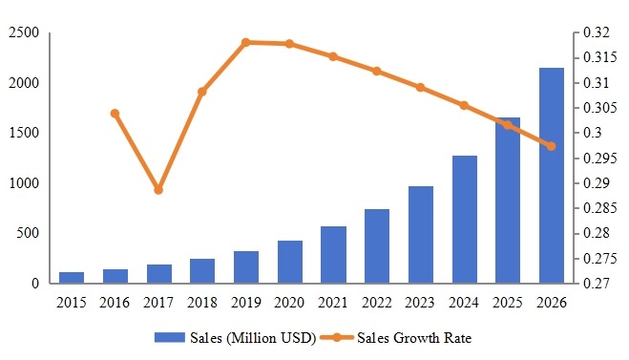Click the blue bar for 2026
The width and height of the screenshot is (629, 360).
pos(551,176)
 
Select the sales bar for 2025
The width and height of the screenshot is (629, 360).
pos(507,201)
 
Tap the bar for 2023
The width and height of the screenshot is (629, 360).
pos(420,235)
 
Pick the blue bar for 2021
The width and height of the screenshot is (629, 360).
pos(333,255)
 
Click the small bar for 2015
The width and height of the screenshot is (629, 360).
pos(72,278)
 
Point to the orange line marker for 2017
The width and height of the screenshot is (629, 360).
pos(158,190)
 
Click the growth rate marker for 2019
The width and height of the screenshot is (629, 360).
pos(245,42)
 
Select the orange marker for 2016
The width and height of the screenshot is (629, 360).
pos(115,113)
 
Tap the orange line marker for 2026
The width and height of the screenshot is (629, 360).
pos(551,146)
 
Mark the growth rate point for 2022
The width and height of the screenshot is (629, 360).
pos(376,71)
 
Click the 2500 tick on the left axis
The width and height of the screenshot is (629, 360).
pos(24,33)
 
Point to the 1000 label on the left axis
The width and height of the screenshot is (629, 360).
pos(24,183)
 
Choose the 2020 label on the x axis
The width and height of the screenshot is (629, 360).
pos(289,303)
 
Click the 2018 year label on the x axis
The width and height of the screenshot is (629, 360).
pos(202,303)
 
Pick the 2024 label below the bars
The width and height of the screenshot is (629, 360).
pos(464,303)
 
